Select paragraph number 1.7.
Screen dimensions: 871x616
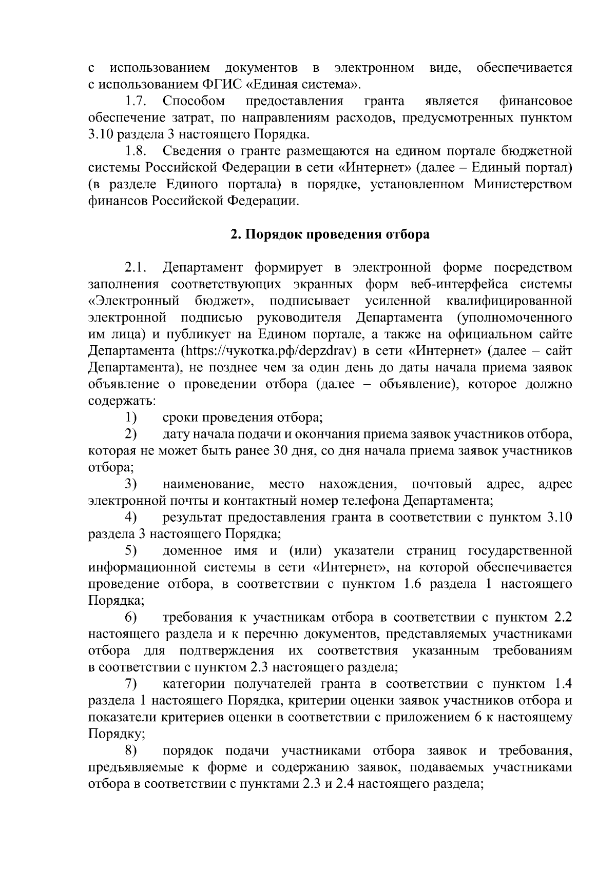(138, 101)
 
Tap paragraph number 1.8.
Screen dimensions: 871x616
(138, 151)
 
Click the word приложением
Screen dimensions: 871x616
(426, 718)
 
